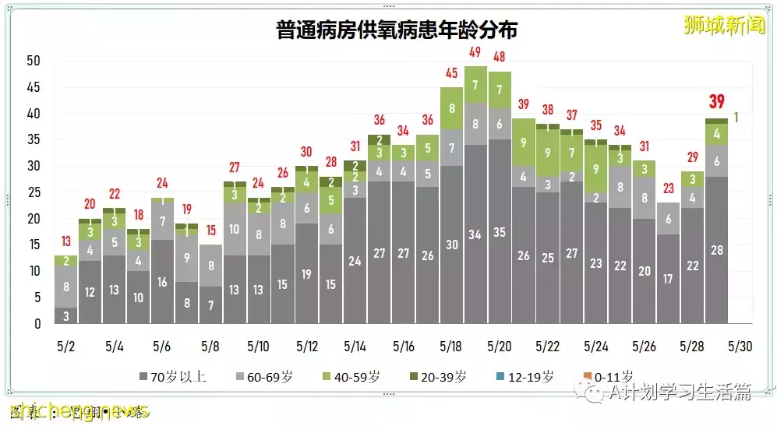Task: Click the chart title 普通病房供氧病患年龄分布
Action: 397,30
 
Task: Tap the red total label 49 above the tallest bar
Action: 475,53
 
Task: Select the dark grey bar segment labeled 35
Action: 500,231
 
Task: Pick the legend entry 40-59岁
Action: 350,377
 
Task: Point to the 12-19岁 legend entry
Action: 524,377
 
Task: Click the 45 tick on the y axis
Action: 33,88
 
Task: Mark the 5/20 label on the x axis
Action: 500,345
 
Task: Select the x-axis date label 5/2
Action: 66,345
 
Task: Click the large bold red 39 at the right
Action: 717,102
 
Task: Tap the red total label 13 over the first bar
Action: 66,241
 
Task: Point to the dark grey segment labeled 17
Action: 669,278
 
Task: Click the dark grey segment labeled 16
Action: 162,282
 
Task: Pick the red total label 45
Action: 451,74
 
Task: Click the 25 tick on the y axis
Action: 33,192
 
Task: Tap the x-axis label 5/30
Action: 740,345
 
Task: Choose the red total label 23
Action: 669,188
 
